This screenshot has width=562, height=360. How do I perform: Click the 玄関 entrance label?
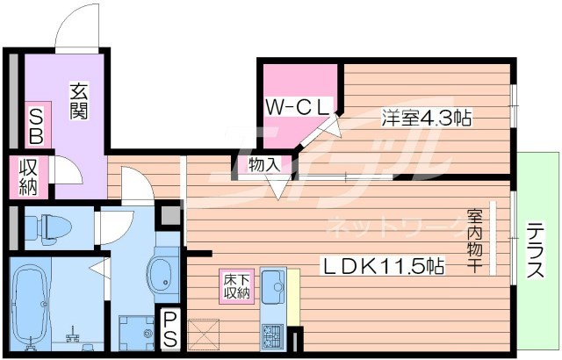point(78,102)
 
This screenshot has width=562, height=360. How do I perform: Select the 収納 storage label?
point(29,176)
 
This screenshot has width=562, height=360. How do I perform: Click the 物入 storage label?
point(263,165)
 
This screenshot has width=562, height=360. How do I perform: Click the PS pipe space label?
point(170,328)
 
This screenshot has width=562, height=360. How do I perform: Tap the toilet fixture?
point(40,227)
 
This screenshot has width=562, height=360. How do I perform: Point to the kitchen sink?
point(272,286)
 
